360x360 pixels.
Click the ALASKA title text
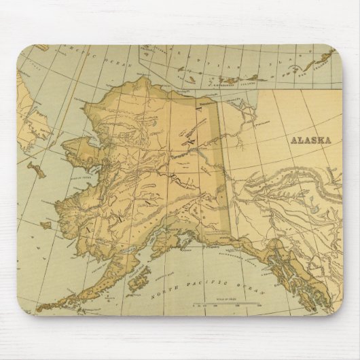pos(310,141)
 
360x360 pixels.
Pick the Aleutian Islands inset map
pos(238,68)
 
